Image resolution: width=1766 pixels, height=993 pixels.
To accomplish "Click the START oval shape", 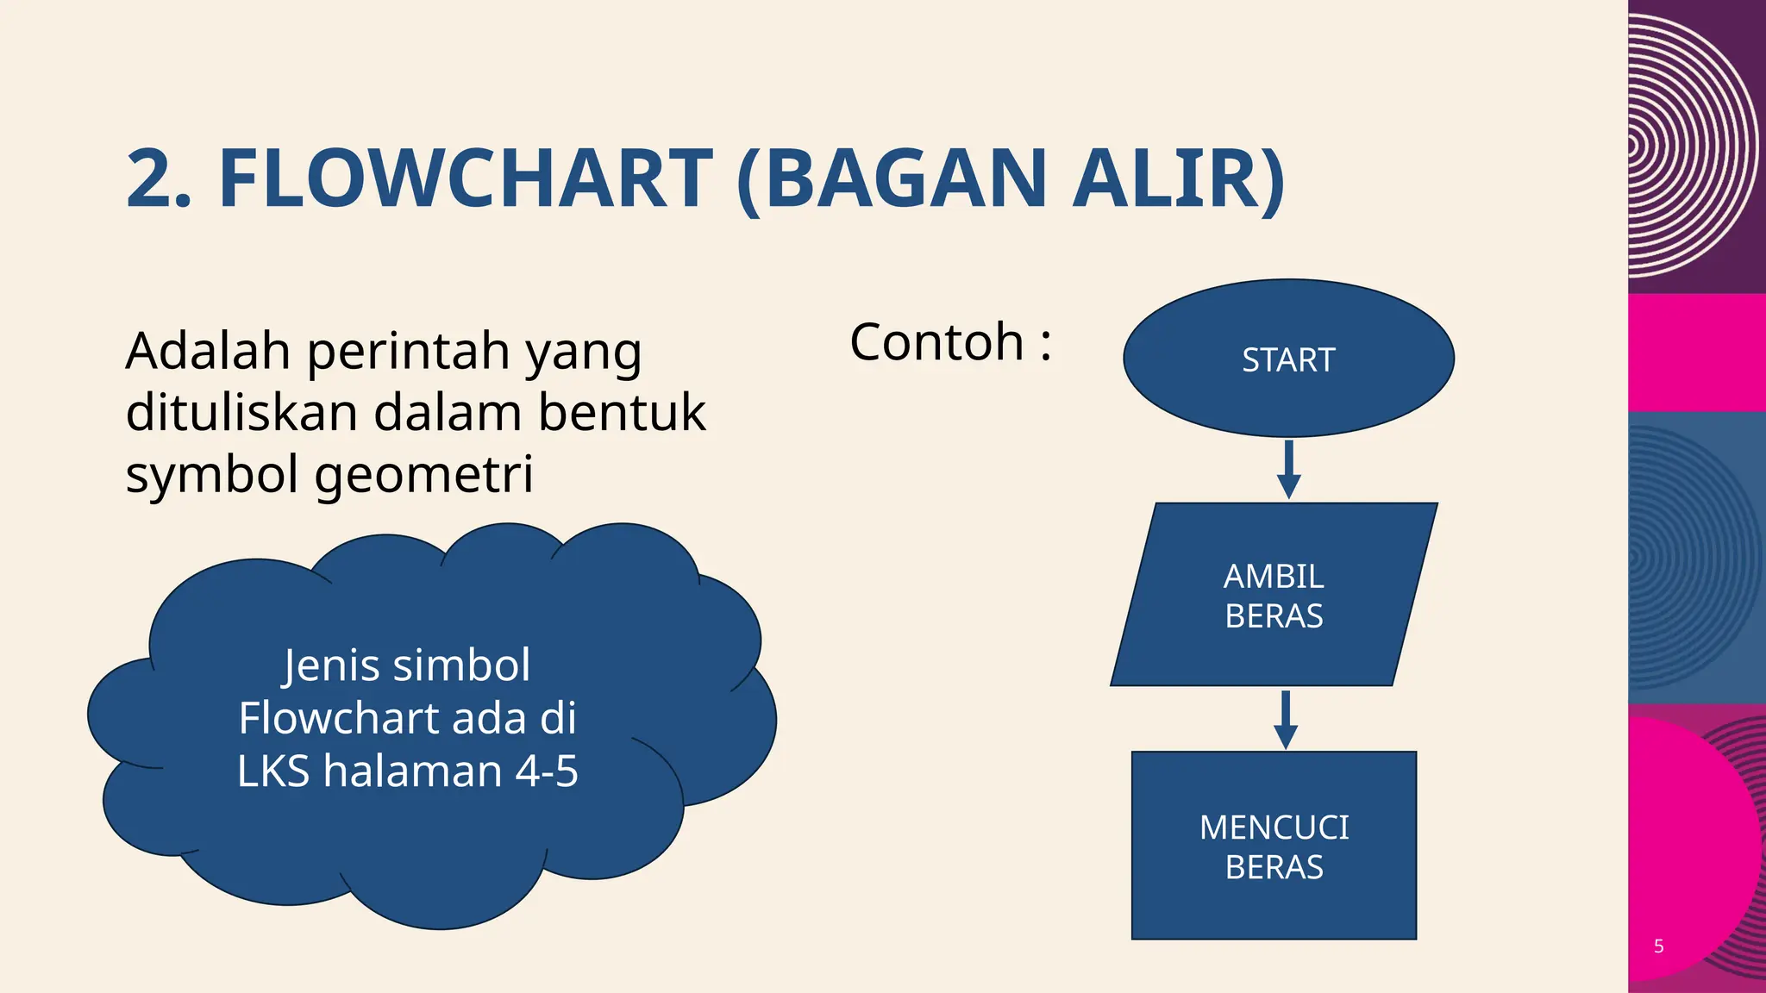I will [1288, 359].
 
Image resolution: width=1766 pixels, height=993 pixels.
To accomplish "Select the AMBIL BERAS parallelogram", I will [1274, 595].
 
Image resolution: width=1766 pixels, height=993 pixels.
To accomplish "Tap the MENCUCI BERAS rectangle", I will [1274, 846].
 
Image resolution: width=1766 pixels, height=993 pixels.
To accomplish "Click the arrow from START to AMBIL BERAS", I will [1288, 470].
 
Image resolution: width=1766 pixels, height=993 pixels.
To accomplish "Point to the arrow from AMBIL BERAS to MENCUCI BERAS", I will [1286, 720].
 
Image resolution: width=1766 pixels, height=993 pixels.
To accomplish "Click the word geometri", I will [424, 475].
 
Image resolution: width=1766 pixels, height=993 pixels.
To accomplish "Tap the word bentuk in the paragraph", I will [622, 412].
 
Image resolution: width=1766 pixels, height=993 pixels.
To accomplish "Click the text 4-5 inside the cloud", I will [547, 771].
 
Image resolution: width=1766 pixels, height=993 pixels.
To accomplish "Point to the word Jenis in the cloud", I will [330, 665].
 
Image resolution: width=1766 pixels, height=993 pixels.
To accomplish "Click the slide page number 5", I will [1658, 946].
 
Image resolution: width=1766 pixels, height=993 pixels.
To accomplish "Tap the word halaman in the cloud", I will [412, 771].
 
